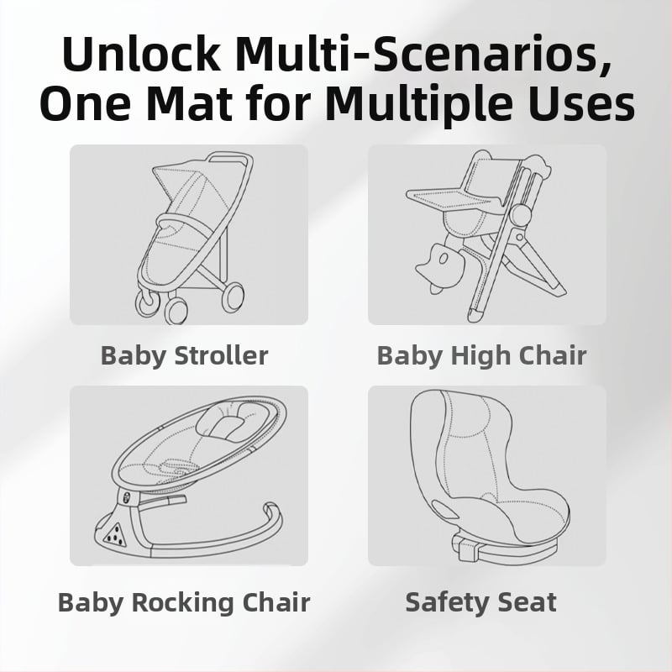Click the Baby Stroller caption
[x=184, y=355]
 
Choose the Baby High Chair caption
[x=481, y=355]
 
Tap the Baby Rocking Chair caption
[x=184, y=602]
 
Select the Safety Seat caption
[x=480, y=601]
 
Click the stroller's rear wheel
[x=234, y=297]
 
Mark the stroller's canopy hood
[x=188, y=188]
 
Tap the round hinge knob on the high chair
[x=519, y=213]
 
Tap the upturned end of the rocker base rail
[x=270, y=509]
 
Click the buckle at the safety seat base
[x=468, y=549]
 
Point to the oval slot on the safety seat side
[x=446, y=510]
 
